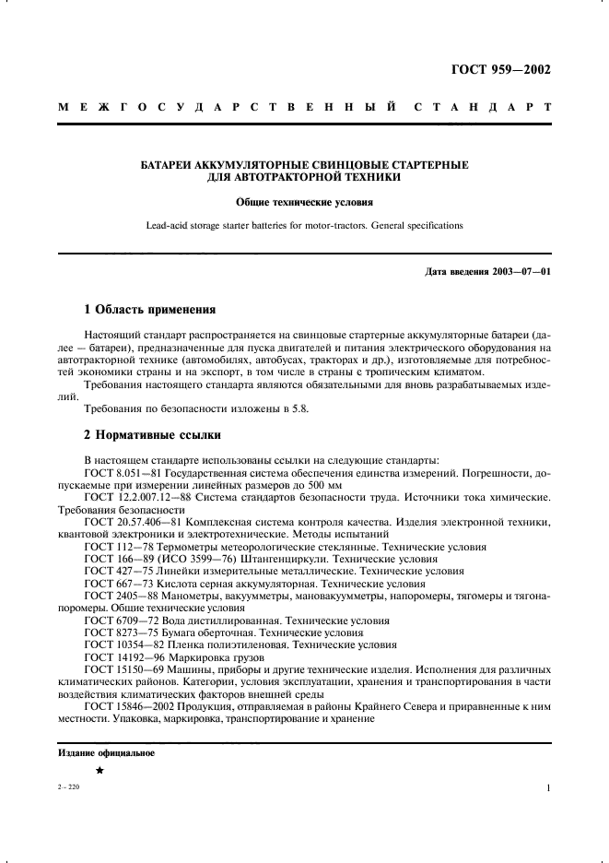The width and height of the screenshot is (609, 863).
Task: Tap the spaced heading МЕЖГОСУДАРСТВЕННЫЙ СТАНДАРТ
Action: tap(304, 108)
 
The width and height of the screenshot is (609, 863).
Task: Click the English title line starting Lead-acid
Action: tap(304, 225)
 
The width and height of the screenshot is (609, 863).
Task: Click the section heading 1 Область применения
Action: tap(149, 310)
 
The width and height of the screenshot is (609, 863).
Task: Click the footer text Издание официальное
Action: tap(106, 752)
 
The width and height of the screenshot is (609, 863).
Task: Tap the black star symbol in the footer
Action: tap(100, 771)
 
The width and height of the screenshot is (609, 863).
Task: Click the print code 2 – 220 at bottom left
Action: tap(70, 788)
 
